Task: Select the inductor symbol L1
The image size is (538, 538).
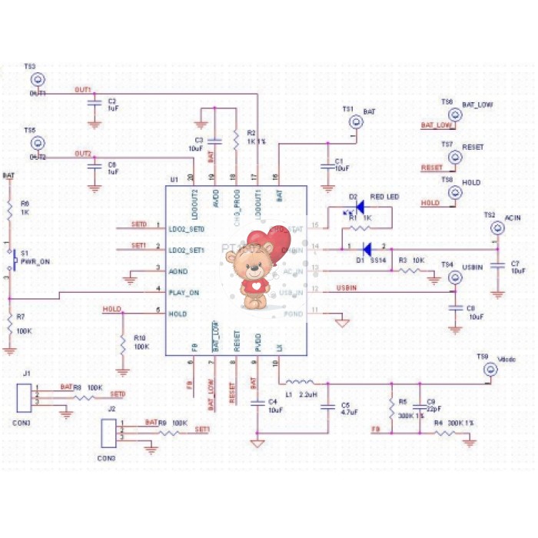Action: pyautogui.click(x=299, y=382)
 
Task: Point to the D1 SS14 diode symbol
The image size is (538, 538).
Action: pyautogui.click(x=367, y=248)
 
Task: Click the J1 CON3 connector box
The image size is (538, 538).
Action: pyautogui.click(x=26, y=397)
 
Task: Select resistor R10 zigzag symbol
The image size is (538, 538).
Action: pyautogui.click(x=122, y=343)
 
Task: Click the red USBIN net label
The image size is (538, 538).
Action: pyautogui.click(x=346, y=287)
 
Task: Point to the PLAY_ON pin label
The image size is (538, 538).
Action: pyautogui.click(x=184, y=292)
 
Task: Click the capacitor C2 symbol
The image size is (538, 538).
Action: pyautogui.click(x=95, y=101)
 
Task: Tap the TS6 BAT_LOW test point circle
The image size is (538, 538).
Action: pyautogui.click(x=455, y=115)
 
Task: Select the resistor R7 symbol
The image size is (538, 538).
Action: pyautogui.click(x=9, y=324)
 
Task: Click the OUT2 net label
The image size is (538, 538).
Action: pyautogui.click(x=83, y=154)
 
